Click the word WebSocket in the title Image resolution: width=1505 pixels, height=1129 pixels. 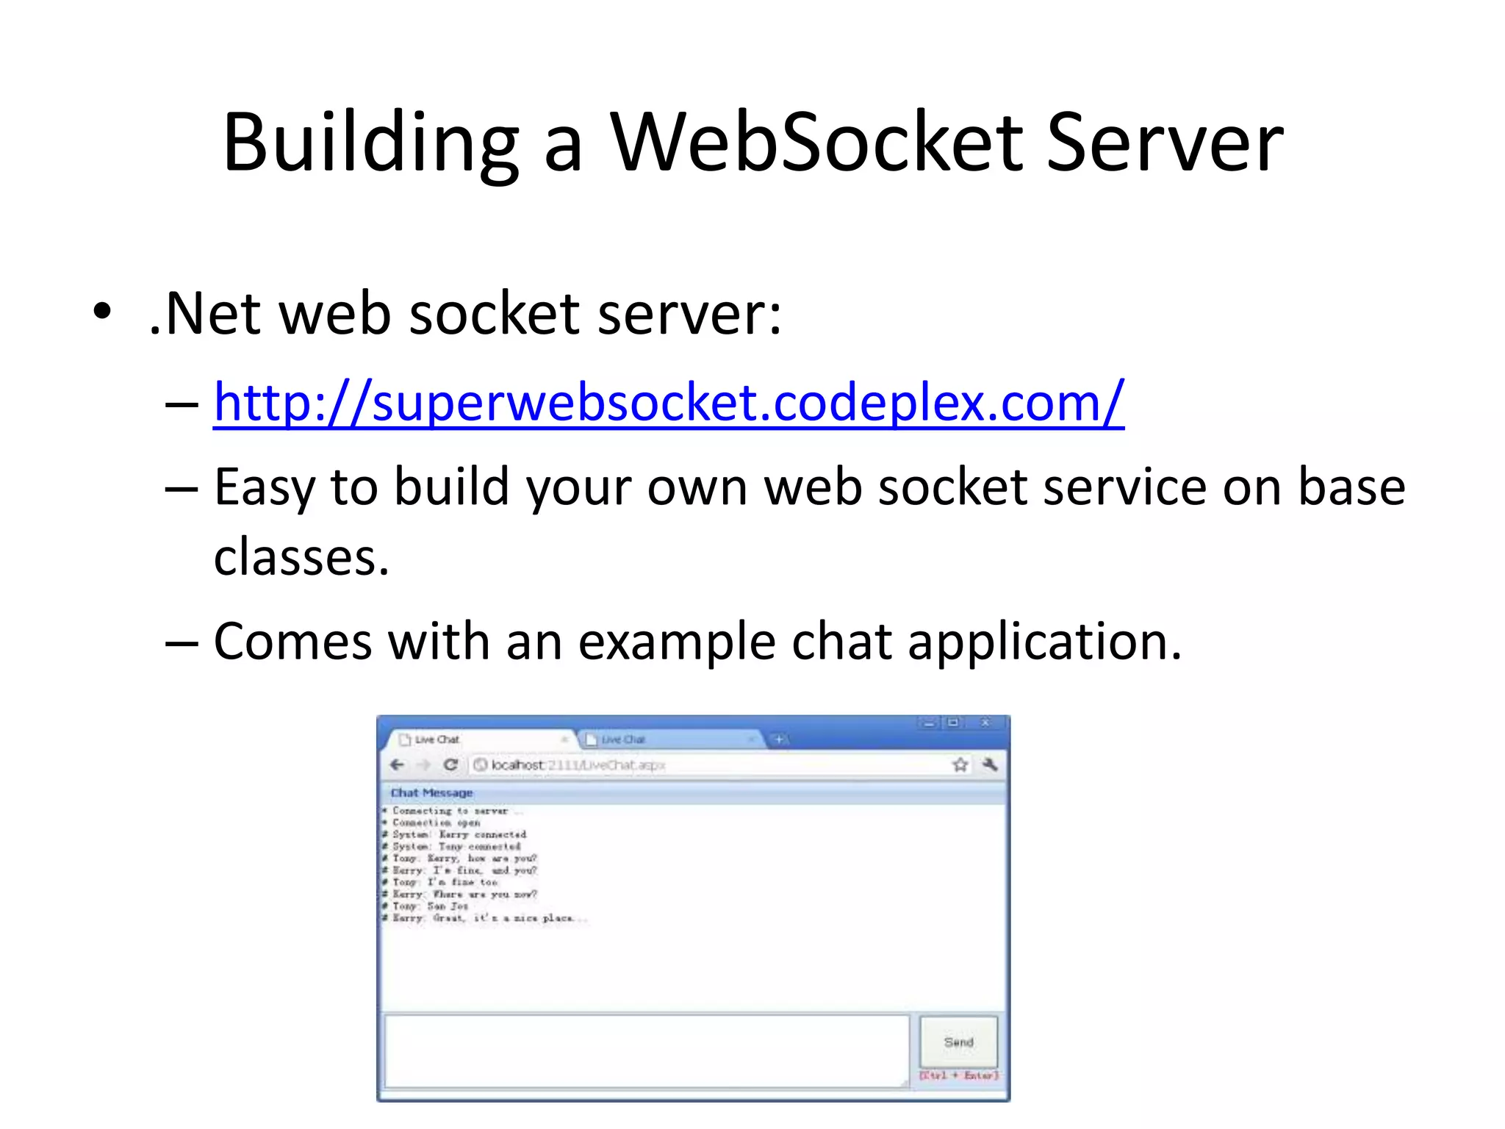816,143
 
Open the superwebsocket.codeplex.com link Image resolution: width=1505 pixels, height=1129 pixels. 668,403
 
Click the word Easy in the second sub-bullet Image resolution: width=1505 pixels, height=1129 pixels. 264,488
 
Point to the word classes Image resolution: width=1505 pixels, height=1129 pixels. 301,557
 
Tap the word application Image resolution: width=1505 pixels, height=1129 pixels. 1044,642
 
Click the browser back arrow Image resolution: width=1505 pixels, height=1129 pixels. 398,765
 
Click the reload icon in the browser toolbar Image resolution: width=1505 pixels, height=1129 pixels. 450,765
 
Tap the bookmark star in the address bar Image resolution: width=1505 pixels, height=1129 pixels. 960,765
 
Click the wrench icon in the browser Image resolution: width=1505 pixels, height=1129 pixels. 990,765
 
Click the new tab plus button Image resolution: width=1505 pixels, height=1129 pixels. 779,739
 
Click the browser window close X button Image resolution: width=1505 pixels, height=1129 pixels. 985,723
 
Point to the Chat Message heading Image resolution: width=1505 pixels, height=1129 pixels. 431,793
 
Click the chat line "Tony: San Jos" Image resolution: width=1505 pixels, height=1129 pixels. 430,906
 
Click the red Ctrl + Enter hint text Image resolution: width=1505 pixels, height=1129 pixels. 959,1075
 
